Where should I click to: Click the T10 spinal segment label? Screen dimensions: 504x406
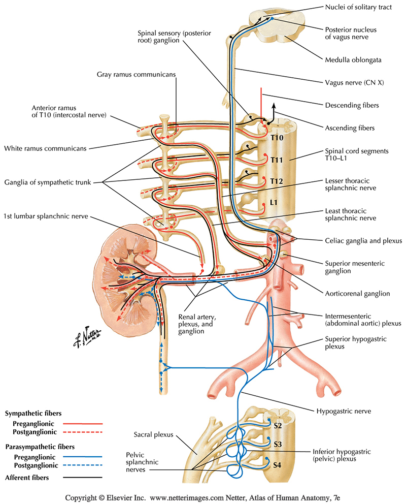276,138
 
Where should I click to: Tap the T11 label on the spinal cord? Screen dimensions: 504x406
277,160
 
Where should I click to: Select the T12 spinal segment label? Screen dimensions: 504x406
276,181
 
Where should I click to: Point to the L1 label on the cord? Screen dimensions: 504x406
274,203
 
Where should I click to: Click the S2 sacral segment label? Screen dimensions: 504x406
277,425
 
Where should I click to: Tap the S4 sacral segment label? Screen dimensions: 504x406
277,464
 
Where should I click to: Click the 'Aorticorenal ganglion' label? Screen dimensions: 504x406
357,293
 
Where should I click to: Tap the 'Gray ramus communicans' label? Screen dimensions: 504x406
137,74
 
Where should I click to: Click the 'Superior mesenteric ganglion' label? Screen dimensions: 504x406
352,267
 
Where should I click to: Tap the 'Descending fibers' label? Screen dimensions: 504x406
352,105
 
